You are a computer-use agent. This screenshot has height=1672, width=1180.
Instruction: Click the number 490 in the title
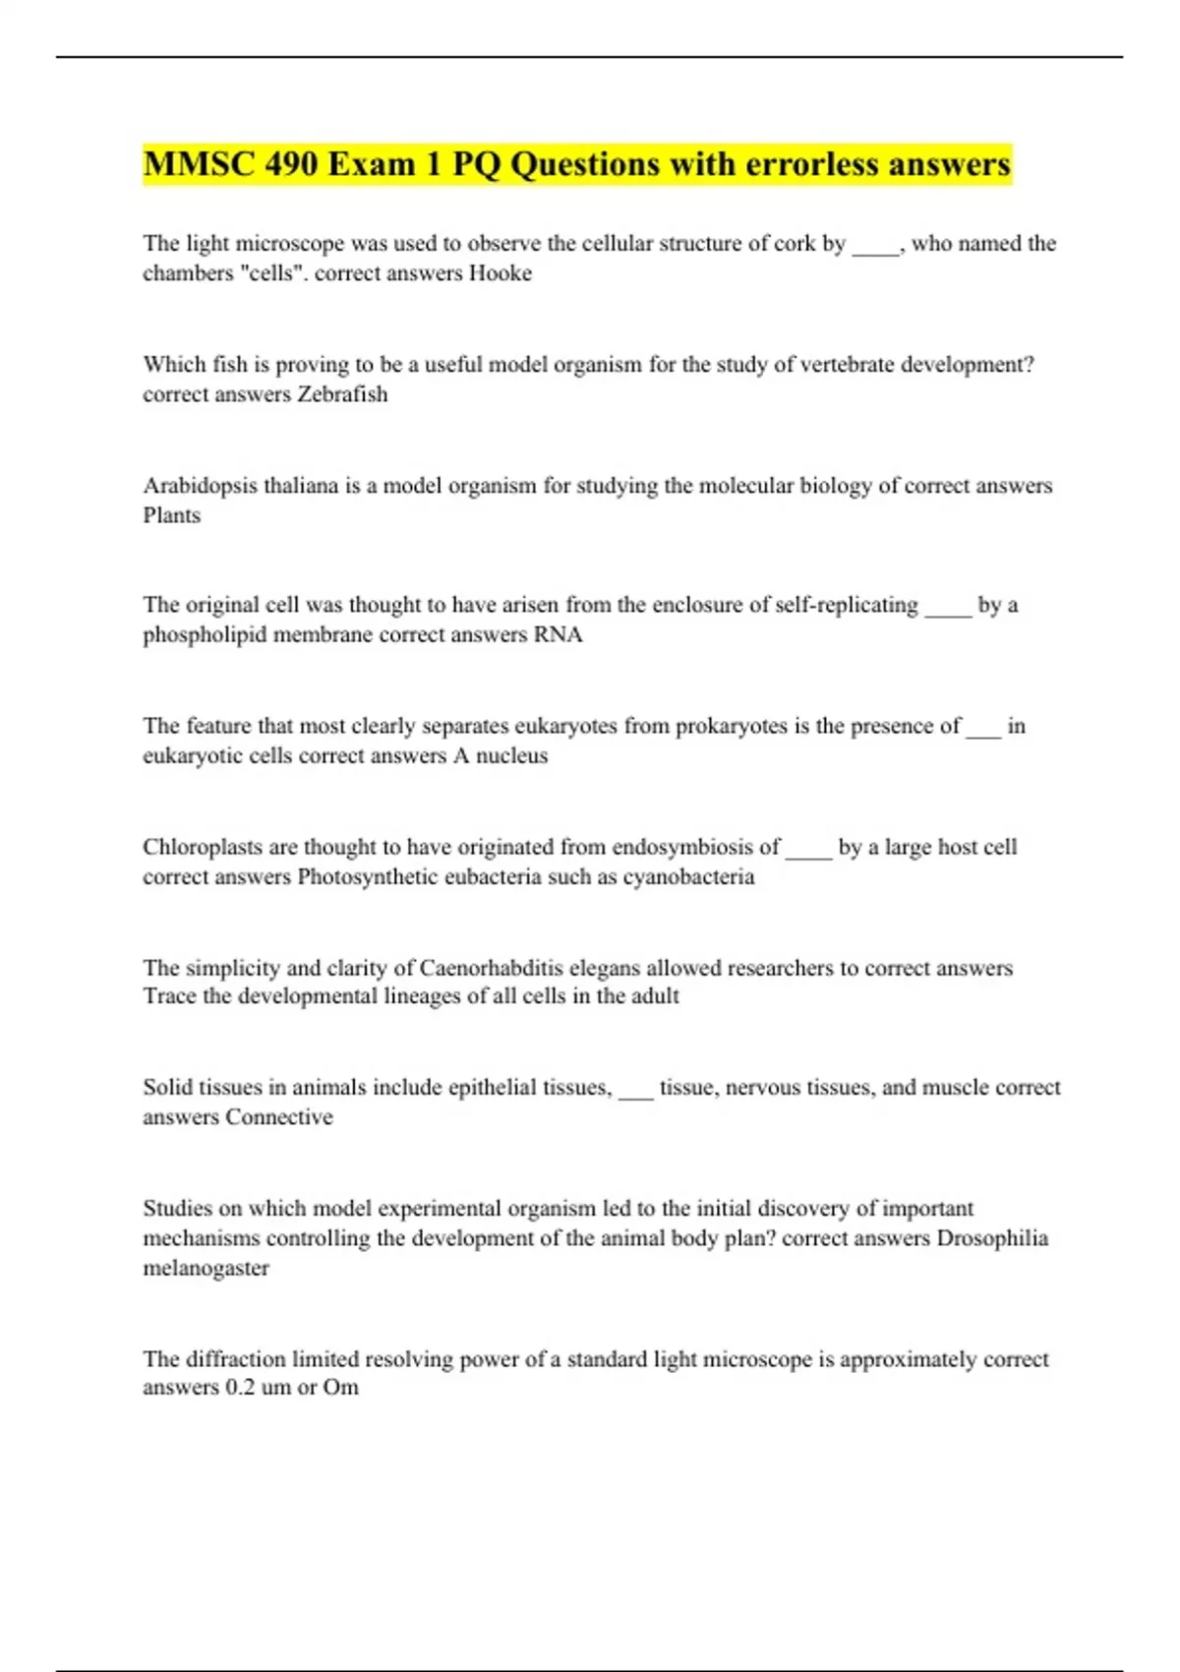coord(290,164)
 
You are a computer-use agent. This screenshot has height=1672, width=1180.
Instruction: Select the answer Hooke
coord(500,273)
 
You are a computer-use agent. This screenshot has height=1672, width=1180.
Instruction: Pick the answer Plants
coord(172,515)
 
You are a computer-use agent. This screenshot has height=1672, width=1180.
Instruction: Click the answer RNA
coord(558,635)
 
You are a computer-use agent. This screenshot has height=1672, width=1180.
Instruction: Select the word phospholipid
coord(205,635)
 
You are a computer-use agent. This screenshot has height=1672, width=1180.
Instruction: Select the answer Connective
coord(279,1117)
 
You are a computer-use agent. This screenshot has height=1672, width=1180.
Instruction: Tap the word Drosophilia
coord(992,1238)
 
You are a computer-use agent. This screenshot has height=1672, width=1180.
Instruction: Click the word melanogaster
coord(206,1269)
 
